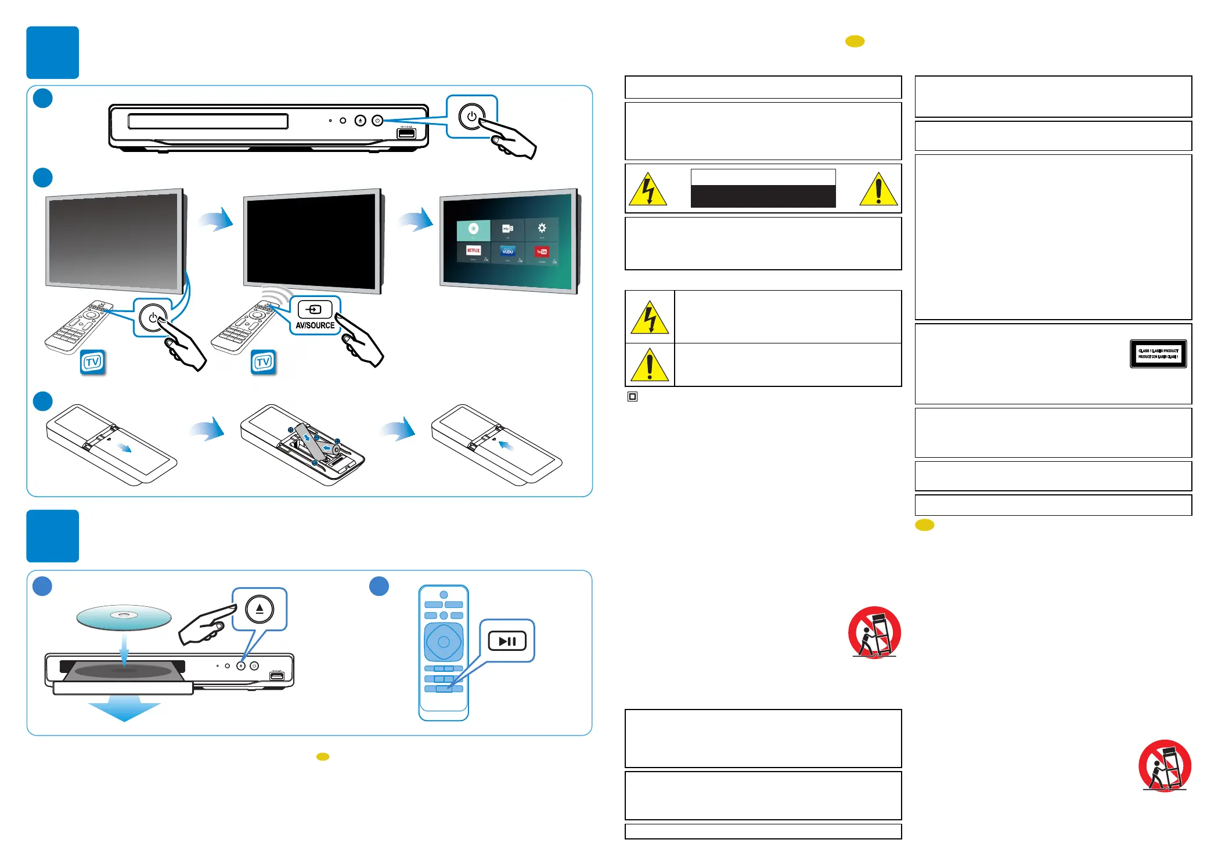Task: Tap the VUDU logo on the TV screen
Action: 507,251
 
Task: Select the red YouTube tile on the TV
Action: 542,252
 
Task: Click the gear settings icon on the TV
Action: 542,228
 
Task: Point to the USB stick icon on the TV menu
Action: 507,229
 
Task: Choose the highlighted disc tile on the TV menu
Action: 473,229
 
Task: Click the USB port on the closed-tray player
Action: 406,134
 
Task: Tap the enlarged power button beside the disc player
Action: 471,117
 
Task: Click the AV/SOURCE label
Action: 315,325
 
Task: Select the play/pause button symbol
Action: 507,641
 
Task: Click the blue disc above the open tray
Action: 124,617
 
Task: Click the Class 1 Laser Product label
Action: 1158,354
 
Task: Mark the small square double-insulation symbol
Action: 633,397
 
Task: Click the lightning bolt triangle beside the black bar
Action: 648,190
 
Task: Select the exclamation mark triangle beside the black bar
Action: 878,190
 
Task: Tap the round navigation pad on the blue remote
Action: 444,642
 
